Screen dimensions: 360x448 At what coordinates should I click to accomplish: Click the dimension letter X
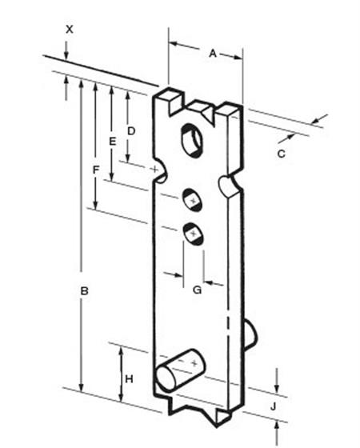(70, 29)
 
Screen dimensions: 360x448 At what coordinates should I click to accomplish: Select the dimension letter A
(213, 53)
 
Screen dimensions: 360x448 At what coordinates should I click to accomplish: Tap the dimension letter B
(84, 291)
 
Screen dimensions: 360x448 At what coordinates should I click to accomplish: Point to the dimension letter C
(282, 154)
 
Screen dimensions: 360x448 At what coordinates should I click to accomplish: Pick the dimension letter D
(131, 131)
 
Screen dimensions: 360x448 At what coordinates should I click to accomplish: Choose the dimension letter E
(113, 142)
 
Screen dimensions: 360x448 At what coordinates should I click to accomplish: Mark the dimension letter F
(96, 170)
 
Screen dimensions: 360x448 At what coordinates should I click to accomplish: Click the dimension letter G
(198, 290)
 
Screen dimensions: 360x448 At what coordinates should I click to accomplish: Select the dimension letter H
(129, 379)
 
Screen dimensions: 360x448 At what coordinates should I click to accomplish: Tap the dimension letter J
(274, 406)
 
